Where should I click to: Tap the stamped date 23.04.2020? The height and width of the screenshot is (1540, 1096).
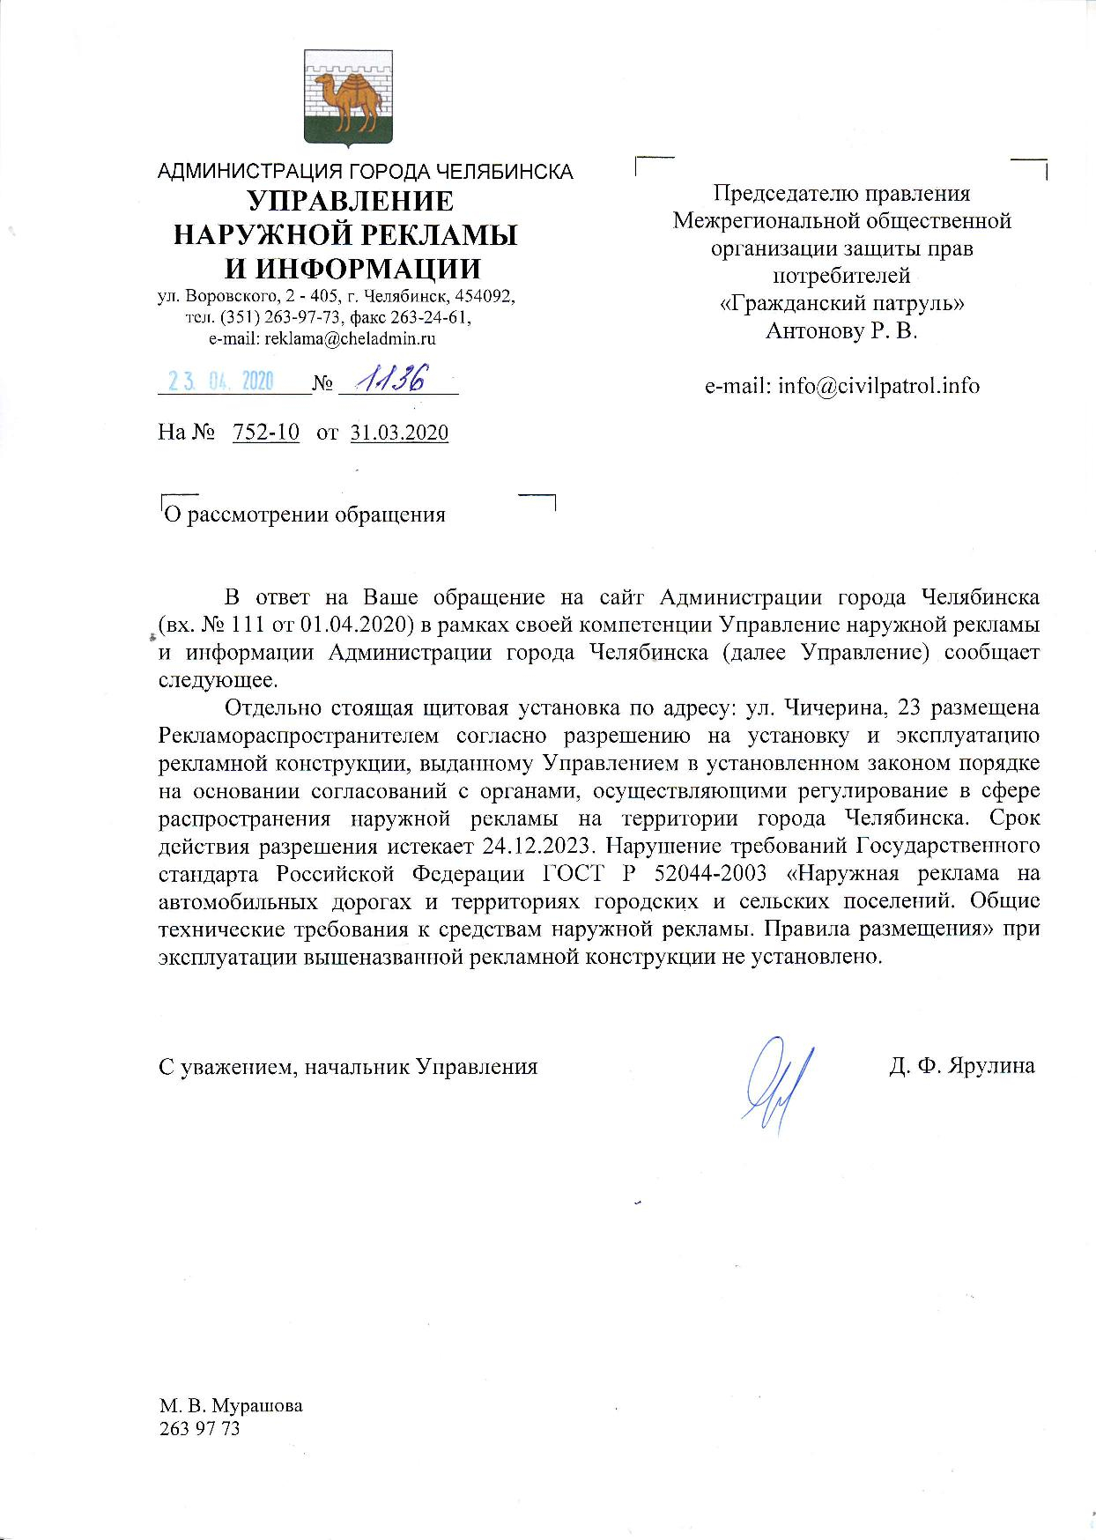tap(221, 381)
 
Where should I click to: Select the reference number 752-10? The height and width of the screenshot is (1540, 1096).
tap(265, 433)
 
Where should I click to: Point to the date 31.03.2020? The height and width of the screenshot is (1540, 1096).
tap(399, 433)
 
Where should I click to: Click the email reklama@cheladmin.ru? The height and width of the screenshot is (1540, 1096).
tap(322, 338)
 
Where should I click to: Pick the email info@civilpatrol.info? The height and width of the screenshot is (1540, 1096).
tap(842, 385)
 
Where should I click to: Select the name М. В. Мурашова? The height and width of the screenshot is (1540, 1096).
tap(230, 1405)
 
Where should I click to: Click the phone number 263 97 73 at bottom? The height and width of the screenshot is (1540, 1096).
tap(199, 1428)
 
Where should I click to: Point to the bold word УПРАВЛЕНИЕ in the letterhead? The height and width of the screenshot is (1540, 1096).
tap(350, 202)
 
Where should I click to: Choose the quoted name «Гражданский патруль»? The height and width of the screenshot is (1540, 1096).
tap(842, 303)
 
